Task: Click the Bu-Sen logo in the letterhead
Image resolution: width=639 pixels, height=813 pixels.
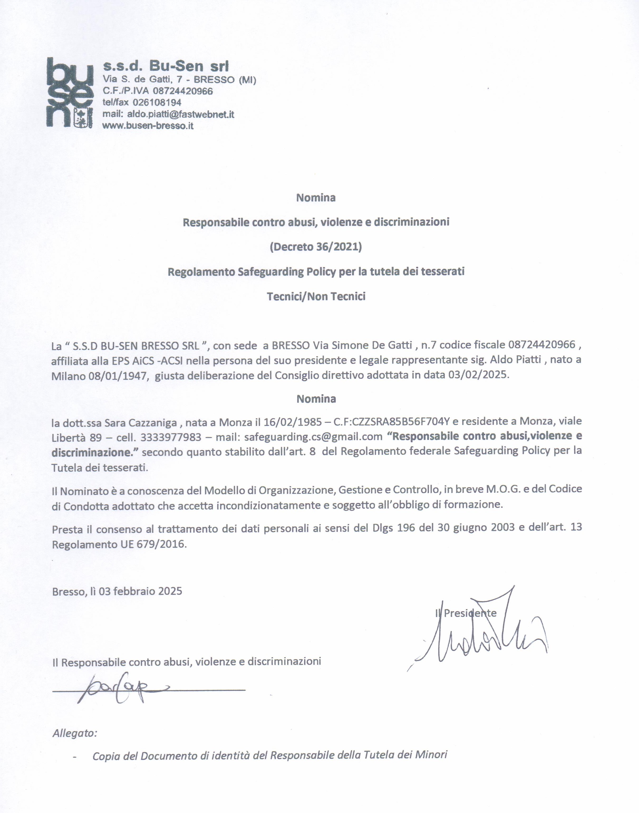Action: [70, 93]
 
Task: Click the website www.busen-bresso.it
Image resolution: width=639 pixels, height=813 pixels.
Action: [148, 126]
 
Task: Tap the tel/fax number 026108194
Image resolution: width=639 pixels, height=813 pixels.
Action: [157, 102]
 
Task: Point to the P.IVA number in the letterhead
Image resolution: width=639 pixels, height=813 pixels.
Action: [183, 91]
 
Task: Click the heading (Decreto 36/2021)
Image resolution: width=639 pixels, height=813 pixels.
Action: [316, 247]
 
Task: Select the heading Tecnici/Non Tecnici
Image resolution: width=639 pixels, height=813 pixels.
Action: [316, 297]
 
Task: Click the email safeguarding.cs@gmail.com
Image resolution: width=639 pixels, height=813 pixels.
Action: [313, 437]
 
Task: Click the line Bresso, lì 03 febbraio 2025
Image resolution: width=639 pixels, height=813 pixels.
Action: [117, 591]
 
